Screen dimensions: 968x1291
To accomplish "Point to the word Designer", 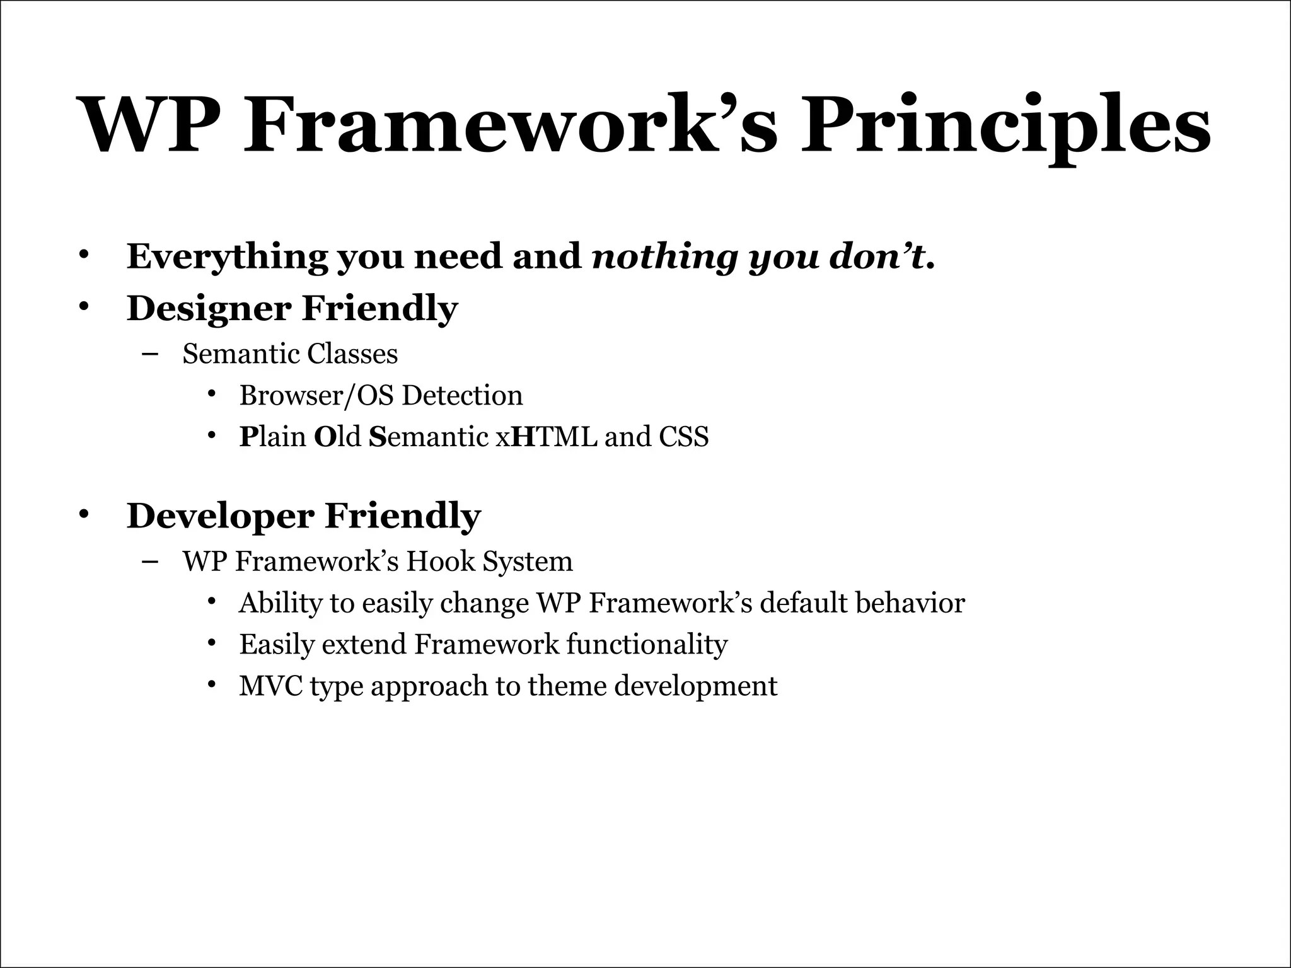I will pos(209,309).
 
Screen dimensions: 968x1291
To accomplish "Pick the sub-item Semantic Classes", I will pos(290,354).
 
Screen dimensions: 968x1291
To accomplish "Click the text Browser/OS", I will pos(316,396).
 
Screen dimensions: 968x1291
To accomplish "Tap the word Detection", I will pos(463,396).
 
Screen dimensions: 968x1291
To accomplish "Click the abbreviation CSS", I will pos(684,437).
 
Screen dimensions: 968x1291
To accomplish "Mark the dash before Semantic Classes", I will pos(150,354).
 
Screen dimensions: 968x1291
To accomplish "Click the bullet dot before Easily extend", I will pos(212,643).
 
